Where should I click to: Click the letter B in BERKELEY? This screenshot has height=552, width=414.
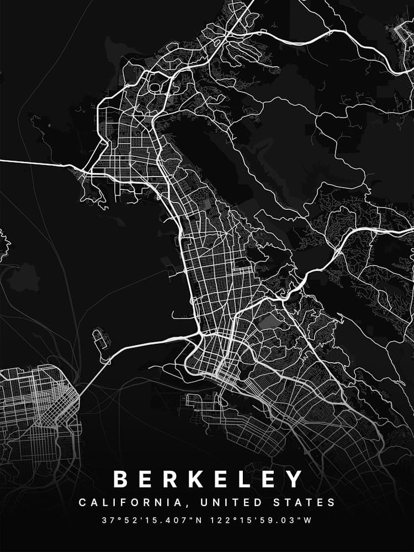click(x=121, y=479)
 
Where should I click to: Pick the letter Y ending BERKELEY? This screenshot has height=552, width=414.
click(x=295, y=479)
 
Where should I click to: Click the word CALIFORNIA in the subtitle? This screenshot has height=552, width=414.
click(x=129, y=503)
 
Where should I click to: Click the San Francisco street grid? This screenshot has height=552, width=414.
click(x=36, y=408)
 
